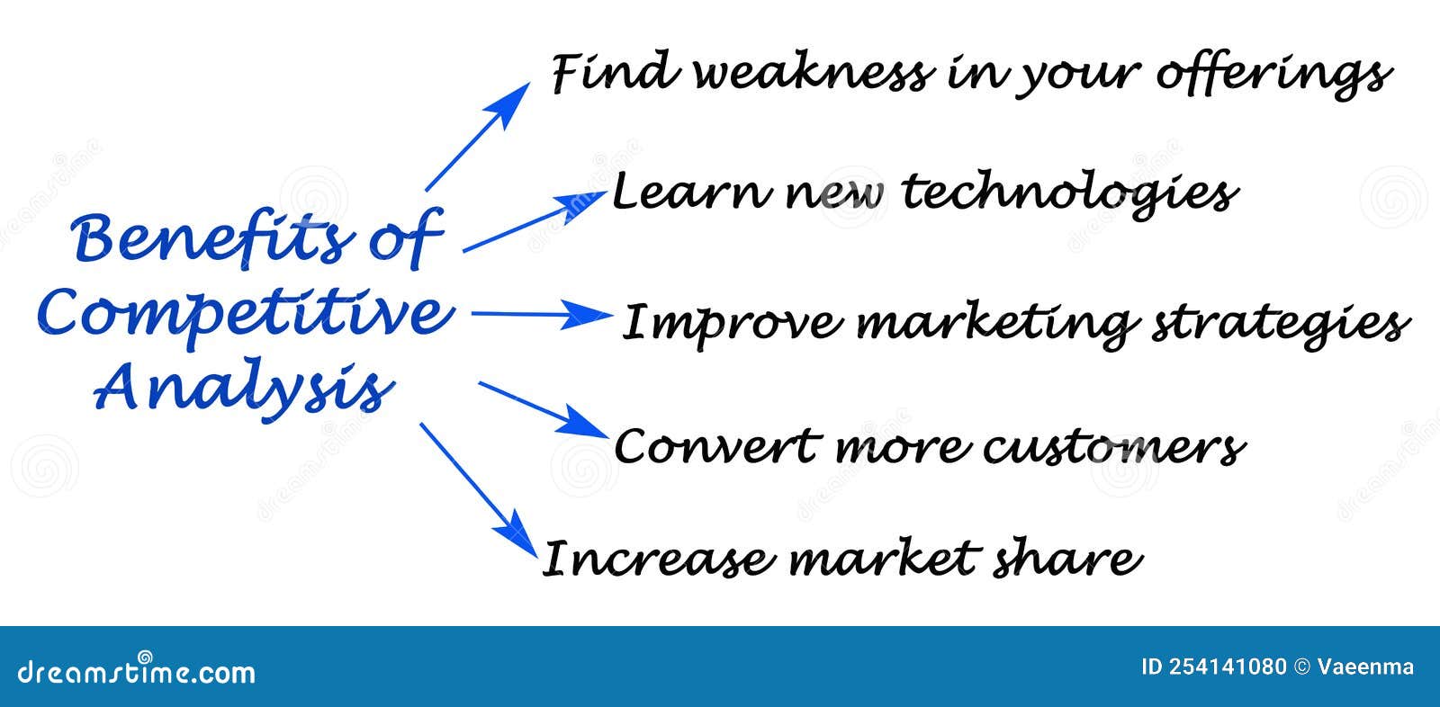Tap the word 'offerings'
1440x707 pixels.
pos(1273,74)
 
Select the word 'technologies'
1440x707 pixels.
pos(1069,193)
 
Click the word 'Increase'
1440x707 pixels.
pos(658,559)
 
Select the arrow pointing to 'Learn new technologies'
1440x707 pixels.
pos(522,222)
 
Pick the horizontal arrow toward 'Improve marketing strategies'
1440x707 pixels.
pos(540,315)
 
